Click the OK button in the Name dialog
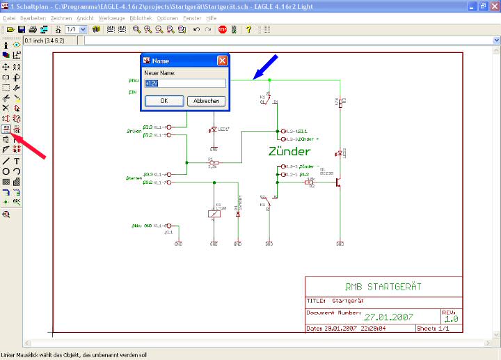pyautogui.click(x=164, y=101)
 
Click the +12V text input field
pyautogui.click(x=185, y=84)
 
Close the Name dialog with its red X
pyautogui.click(x=222, y=61)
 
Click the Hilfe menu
pyautogui.click(x=212, y=17)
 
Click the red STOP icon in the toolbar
pyautogui.click(x=222, y=29)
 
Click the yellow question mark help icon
pyautogui.click(x=248, y=29)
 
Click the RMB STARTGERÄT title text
pyautogui.click(x=383, y=286)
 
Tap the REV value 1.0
pyautogui.click(x=451, y=318)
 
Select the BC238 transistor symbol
pyautogui.click(x=337, y=182)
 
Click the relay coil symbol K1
pyautogui.click(x=214, y=213)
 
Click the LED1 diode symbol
pyautogui.click(x=213, y=130)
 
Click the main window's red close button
pyautogui.click(x=493, y=6)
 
